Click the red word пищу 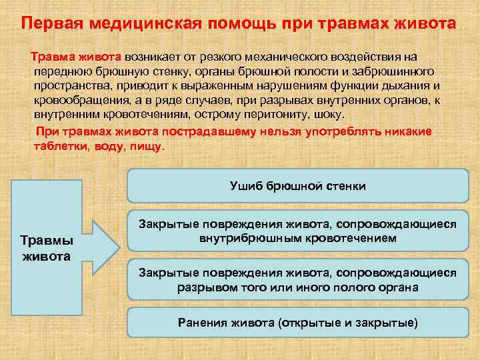[x=145, y=145]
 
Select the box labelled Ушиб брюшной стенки [x=297, y=186]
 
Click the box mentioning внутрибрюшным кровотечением [x=297, y=231]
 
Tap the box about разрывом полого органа [x=297, y=280]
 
